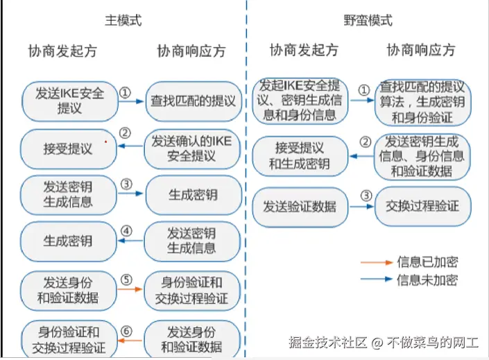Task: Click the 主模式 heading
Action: click(123, 20)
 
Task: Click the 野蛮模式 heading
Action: click(368, 20)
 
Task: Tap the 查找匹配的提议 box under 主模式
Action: click(193, 101)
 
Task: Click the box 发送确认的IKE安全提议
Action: click(193, 148)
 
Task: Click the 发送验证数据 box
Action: click(299, 206)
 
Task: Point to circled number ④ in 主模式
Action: click(126, 231)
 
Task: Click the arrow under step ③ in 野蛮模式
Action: click(361, 207)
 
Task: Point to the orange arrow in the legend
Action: click(377, 263)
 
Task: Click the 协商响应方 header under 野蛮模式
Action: click(421, 50)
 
